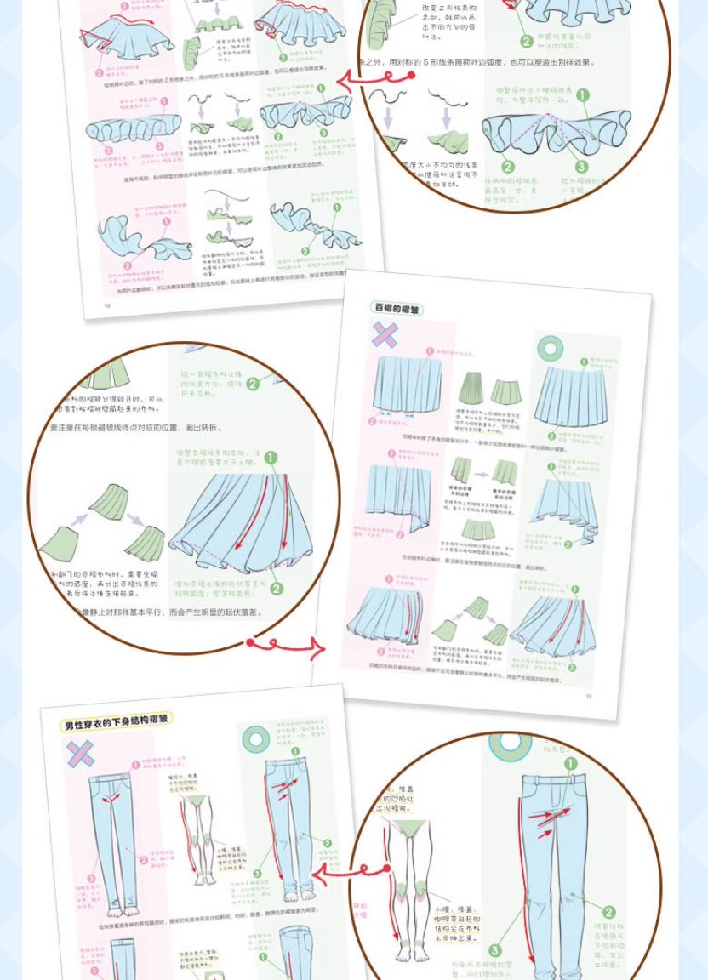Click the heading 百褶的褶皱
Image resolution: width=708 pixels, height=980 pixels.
pyautogui.click(x=397, y=309)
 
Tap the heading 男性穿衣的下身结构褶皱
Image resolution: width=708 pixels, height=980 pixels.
pyautogui.click(x=116, y=724)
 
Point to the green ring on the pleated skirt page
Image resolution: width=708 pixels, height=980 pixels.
pyautogui.click(x=551, y=347)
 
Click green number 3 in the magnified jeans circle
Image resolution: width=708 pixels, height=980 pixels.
pyautogui.click(x=495, y=951)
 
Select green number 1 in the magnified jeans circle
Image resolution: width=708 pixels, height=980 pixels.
pyautogui.click(x=570, y=765)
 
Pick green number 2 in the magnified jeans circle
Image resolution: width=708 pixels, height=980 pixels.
pyautogui.click(x=609, y=913)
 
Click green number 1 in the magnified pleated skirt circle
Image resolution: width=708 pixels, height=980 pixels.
pyautogui.click(x=271, y=459)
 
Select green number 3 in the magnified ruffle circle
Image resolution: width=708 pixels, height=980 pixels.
pyautogui.click(x=582, y=168)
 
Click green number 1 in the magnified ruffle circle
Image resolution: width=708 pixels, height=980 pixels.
pyautogui.click(x=583, y=95)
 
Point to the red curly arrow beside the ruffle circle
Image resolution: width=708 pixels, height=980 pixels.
pyautogui.click(x=374, y=78)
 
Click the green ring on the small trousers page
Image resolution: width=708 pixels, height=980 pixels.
pyautogui.click(x=255, y=738)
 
